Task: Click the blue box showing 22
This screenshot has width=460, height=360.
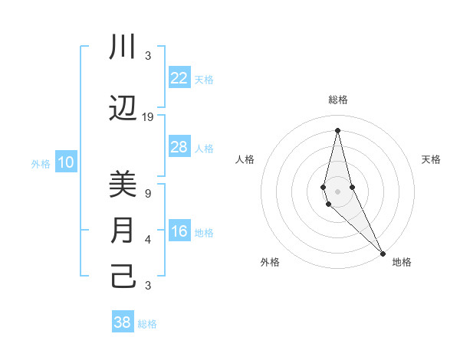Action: pos(179,78)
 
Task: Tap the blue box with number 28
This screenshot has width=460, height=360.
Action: pos(179,147)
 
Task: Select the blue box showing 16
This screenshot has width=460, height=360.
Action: pos(179,232)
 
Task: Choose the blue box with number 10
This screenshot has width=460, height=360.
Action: pos(66,162)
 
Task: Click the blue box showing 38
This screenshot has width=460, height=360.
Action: pos(123,322)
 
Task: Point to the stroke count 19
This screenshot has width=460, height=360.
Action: pos(148,116)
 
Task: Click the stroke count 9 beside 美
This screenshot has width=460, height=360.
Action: pos(148,193)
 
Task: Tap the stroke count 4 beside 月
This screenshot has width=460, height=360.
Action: pos(148,240)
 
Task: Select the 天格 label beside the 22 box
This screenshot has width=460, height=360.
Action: pos(204,79)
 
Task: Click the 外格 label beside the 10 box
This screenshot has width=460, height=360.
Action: pos(40,163)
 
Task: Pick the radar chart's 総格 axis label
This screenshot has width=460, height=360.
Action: pos(338,100)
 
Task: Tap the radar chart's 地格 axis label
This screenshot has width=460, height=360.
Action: pos(402,262)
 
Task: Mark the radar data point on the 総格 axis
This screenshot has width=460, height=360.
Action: pos(337,130)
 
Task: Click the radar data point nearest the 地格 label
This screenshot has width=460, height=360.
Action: pos(383,252)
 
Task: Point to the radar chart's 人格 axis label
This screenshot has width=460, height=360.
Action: pos(245,159)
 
